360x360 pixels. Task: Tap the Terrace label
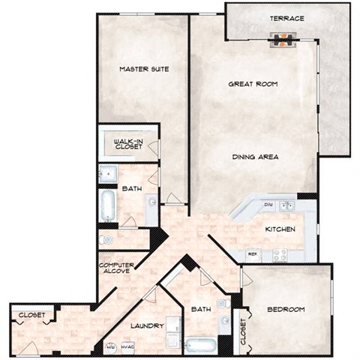tap(286, 18)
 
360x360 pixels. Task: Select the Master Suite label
tap(143, 69)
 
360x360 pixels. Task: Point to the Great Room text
tap(253, 85)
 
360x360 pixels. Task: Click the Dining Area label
tap(256, 157)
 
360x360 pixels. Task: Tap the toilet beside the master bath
tap(107, 240)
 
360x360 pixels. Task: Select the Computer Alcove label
tap(116, 266)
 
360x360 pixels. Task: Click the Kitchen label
tap(280, 229)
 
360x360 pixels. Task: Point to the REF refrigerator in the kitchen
tap(253, 253)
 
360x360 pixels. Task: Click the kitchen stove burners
tap(280, 254)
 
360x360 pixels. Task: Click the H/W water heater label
tap(110, 346)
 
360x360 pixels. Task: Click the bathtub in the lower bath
tap(200, 346)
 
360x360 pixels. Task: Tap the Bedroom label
tap(286, 310)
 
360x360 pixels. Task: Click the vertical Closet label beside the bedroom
tap(241, 330)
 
